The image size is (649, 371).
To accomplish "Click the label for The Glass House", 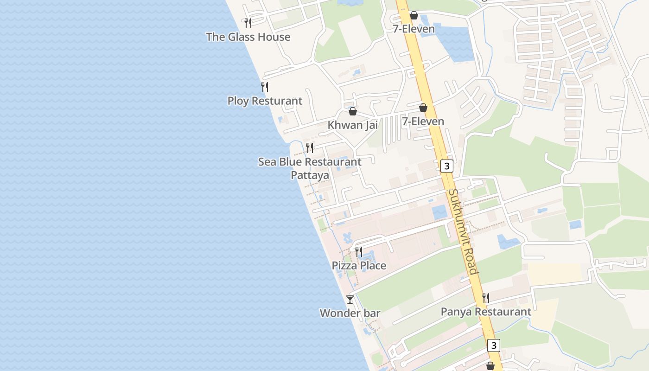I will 248,37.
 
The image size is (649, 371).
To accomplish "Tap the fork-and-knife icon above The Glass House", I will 248,23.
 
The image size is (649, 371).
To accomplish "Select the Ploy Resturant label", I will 265,101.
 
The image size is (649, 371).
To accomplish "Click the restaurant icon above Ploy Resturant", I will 265,87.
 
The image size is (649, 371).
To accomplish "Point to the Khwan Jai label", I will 352,125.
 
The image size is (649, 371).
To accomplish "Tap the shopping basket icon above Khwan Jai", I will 353,111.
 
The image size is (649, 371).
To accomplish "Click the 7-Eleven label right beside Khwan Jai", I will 423,122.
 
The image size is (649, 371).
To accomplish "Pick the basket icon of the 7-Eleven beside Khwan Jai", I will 423,108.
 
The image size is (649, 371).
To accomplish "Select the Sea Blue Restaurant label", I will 310,162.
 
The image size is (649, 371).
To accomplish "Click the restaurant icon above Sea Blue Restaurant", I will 310,148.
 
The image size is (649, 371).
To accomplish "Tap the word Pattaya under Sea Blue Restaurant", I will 310,175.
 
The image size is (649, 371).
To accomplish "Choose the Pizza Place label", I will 359,266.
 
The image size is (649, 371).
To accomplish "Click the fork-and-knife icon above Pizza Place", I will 359,252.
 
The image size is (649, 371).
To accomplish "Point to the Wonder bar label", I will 350,313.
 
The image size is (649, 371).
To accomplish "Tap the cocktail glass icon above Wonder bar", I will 350,300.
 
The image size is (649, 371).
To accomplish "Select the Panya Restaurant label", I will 486,312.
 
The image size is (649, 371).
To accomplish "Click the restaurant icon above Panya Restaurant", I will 486,298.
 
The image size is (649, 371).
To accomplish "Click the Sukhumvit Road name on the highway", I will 463,231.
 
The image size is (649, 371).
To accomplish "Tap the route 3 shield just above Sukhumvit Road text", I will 446,166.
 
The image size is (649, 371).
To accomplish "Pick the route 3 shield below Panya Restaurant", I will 494,345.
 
